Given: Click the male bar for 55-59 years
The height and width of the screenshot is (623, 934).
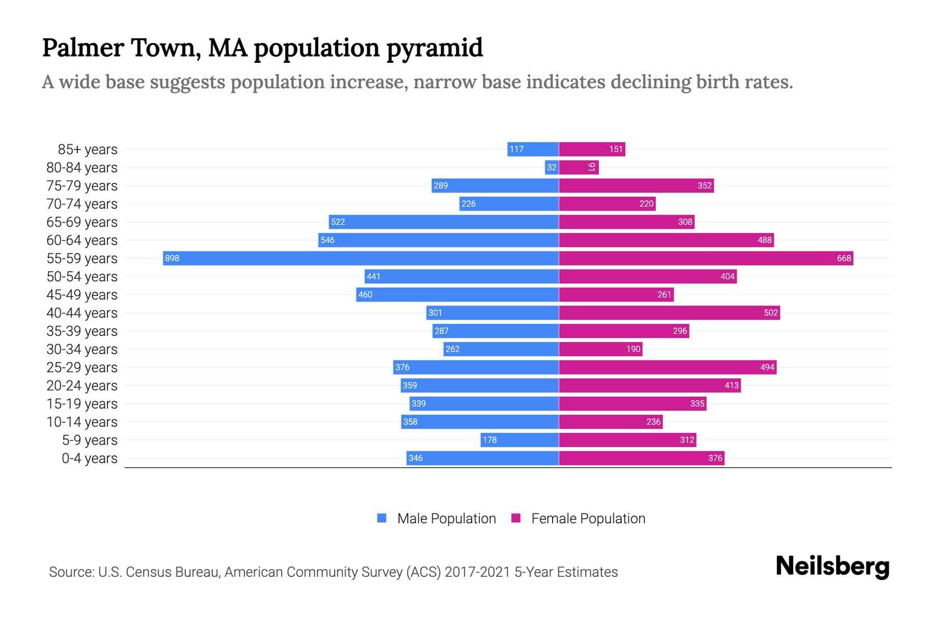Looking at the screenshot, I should pyautogui.click(x=361, y=258).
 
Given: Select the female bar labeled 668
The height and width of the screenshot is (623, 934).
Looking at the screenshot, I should pyautogui.click(x=706, y=258).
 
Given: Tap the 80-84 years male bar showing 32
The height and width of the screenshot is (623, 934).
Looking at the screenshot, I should pyautogui.click(x=552, y=167).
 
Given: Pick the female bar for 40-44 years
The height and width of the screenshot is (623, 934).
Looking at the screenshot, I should pyautogui.click(x=669, y=313).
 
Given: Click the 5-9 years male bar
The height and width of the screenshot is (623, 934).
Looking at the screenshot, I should pyautogui.click(x=519, y=440).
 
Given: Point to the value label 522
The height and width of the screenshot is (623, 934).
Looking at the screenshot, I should pyautogui.click(x=338, y=222).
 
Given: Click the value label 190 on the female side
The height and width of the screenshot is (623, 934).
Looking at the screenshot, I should pyautogui.click(x=633, y=349).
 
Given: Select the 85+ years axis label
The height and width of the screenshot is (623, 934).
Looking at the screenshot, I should pyautogui.click(x=88, y=150).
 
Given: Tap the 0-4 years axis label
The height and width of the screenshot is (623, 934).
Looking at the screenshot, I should pyautogui.click(x=89, y=458).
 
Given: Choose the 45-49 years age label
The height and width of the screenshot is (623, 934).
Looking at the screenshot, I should pyautogui.click(x=82, y=295).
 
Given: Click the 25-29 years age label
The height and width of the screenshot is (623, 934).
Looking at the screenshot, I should pyautogui.click(x=82, y=368).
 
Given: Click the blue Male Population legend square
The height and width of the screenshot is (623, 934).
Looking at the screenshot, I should pyautogui.click(x=382, y=518).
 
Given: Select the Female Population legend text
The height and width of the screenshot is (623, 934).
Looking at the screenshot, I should pyautogui.click(x=588, y=519).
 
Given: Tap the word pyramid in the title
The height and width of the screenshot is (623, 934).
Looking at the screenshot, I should pyautogui.click(x=434, y=48).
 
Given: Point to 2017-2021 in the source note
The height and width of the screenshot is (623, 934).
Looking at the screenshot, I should pyautogui.click(x=477, y=572).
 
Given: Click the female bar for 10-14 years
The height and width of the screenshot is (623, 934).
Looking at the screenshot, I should pyautogui.click(x=611, y=422).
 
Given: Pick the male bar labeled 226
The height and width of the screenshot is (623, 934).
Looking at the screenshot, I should pyautogui.click(x=509, y=204).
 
